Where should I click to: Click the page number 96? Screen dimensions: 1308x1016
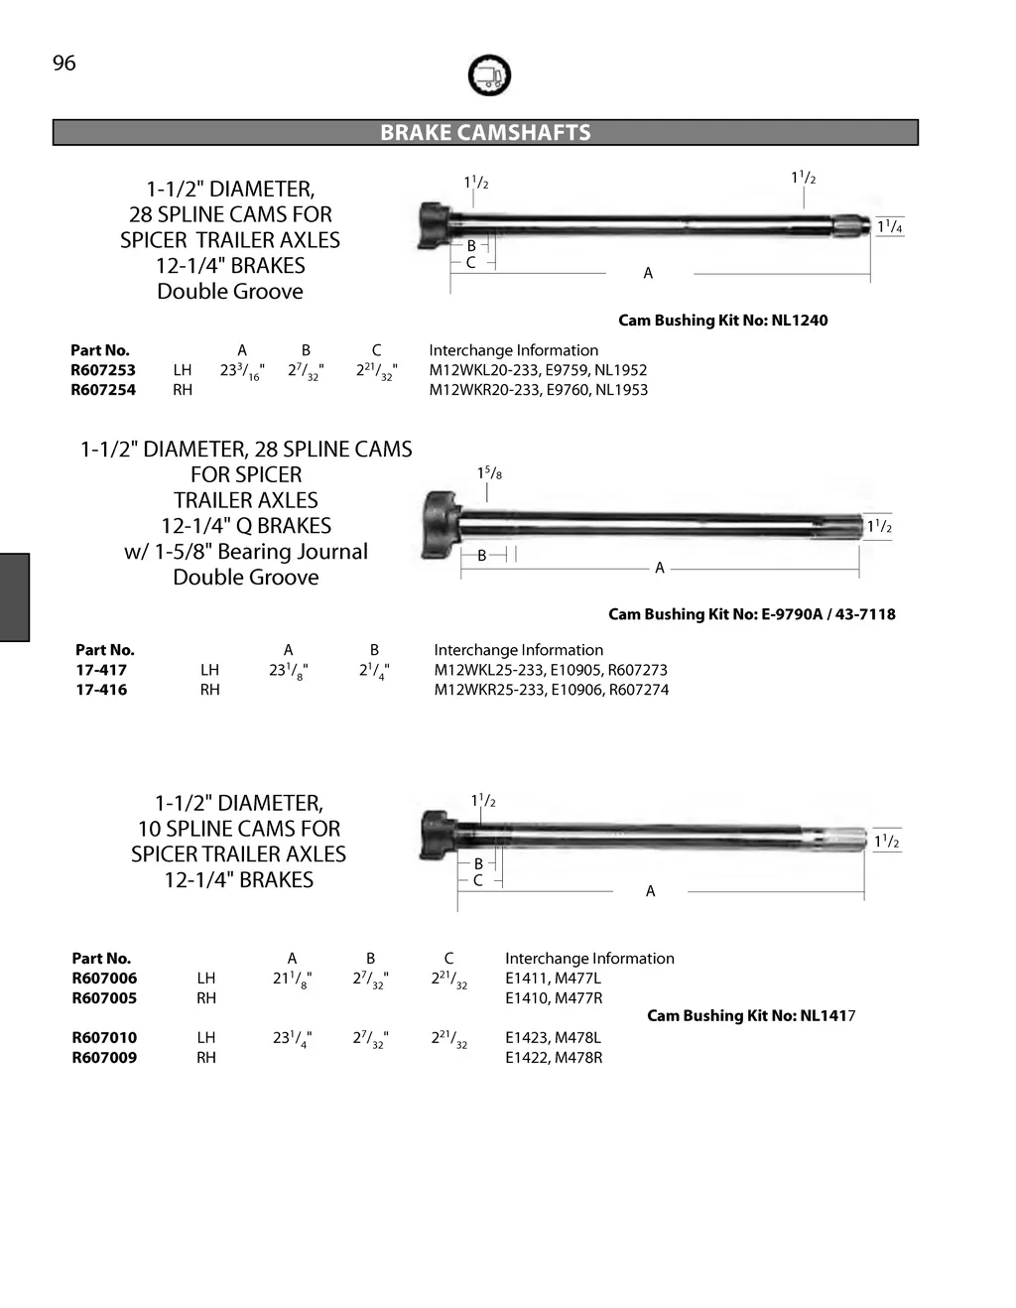click(64, 64)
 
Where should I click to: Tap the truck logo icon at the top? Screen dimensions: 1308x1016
click(488, 75)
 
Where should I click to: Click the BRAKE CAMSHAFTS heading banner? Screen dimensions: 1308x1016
click(485, 133)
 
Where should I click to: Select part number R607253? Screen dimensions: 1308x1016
click(103, 370)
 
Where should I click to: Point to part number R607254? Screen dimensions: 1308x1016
click(103, 390)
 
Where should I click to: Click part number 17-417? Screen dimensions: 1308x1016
click(101, 670)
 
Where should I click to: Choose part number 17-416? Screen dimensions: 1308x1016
click(101, 690)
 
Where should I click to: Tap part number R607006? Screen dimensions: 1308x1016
click(104, 979)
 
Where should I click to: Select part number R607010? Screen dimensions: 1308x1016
click(104, 1038)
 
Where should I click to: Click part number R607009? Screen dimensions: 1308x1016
click(104, 1058)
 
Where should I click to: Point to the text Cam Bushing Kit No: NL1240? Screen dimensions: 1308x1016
click(722, 321)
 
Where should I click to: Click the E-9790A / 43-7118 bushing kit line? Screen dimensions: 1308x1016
click(751, 614)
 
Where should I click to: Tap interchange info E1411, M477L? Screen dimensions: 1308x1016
click(553, 979)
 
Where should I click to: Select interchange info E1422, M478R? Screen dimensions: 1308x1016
click(554, 1058)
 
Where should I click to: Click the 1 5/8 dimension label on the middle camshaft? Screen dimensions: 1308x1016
click(489, 474)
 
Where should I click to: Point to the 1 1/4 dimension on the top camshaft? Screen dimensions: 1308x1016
click(890, 227)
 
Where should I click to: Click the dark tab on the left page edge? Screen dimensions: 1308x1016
click(15, 597)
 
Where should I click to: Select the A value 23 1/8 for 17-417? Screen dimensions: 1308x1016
click(288, 671)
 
